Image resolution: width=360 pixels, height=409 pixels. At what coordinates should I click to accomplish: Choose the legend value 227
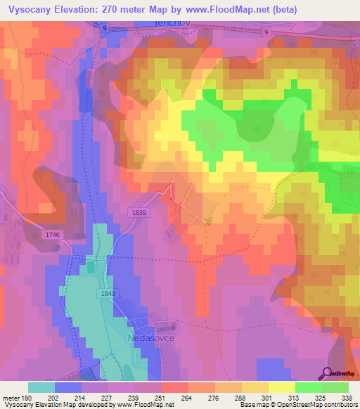tap(108, 396)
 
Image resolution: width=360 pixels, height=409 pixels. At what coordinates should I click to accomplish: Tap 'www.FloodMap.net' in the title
tap(218, 9)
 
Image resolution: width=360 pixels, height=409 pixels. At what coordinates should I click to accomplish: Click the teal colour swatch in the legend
tap(41, 387)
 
